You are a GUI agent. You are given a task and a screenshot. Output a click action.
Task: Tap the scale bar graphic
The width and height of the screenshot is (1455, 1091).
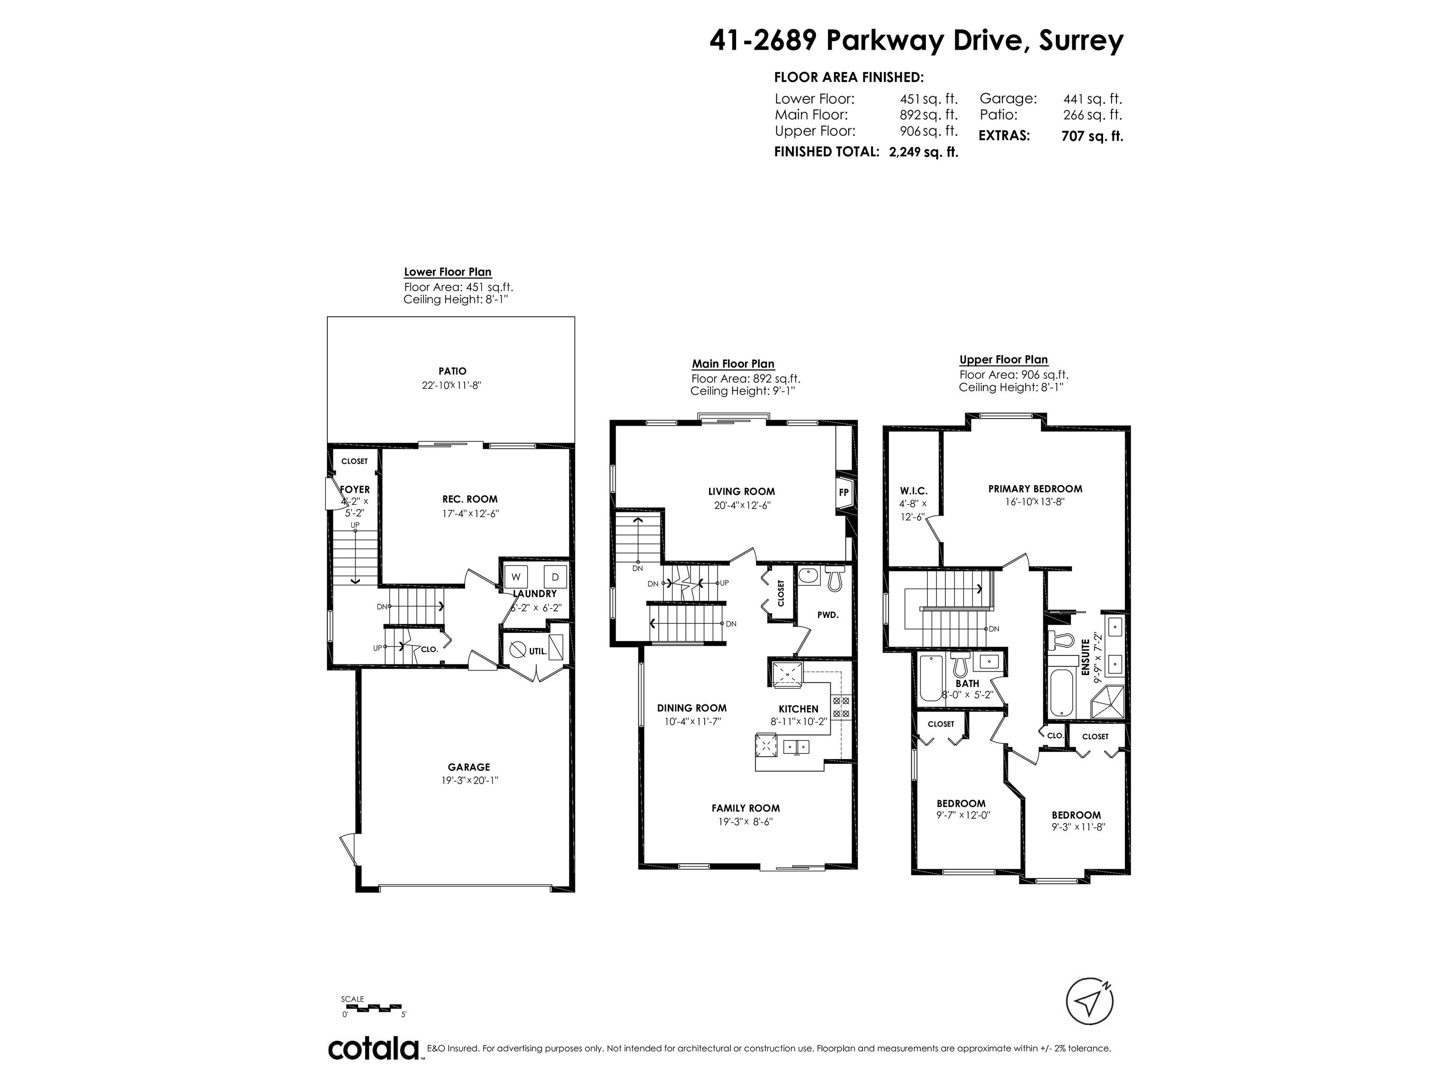click(x=372, y=1007)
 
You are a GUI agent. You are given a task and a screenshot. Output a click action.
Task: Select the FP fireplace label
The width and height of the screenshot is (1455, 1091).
click(x=843, y=492)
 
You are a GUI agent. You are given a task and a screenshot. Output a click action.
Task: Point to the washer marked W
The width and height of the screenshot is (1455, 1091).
click(x=516, y=577)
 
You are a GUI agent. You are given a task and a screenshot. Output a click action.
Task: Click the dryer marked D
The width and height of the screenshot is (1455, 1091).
click(x=555, y=577)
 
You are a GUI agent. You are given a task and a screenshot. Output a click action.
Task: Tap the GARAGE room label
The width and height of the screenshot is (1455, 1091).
click(x=469, y=767)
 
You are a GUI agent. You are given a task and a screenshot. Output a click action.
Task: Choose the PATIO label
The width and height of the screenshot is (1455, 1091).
click(x=452, y=371)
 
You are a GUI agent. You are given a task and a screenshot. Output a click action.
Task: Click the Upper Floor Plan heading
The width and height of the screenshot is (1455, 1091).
click(x=1004, y=360)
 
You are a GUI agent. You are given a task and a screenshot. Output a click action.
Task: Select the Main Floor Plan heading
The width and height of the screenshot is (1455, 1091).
click(x=733, y=364)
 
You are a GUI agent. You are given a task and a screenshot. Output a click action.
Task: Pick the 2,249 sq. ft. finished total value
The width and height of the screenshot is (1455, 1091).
click(x=924, y=152)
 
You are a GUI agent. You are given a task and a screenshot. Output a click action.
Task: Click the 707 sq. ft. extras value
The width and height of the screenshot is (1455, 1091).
click(x=1092, y=136)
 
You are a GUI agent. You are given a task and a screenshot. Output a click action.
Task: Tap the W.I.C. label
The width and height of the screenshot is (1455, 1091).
click(x=914, y=491)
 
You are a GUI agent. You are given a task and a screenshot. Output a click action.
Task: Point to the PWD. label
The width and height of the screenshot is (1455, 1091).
click(x=827, y=615)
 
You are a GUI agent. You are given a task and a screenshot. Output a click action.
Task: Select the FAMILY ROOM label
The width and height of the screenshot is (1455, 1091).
click(x=745, y=808)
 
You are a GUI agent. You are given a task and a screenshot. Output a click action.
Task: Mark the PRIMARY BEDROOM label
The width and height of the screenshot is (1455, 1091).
click(x=1035, y=489)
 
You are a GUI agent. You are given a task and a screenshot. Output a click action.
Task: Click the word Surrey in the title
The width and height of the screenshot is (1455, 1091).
click(x=1081, y=41)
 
